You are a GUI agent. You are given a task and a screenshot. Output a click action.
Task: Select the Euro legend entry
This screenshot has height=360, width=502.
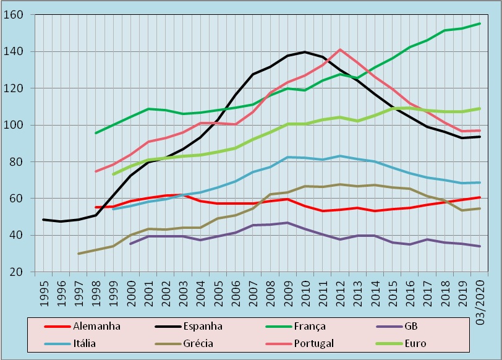415,343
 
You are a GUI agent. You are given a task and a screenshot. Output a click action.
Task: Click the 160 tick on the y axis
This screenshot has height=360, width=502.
20,15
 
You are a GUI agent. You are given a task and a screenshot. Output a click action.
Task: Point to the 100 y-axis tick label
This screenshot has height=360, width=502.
20,125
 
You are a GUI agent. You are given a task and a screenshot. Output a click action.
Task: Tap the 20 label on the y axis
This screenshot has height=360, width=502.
23,272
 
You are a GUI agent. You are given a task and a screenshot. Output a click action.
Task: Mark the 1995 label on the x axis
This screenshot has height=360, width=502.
43,293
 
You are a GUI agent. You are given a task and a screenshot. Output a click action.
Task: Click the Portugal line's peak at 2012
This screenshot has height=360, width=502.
339,49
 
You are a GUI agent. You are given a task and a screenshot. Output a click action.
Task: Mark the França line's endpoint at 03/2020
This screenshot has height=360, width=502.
480,24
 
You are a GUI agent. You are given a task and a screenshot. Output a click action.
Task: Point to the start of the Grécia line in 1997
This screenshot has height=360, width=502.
79,254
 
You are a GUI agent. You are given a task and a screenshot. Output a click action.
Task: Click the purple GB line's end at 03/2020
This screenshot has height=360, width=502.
480,246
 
